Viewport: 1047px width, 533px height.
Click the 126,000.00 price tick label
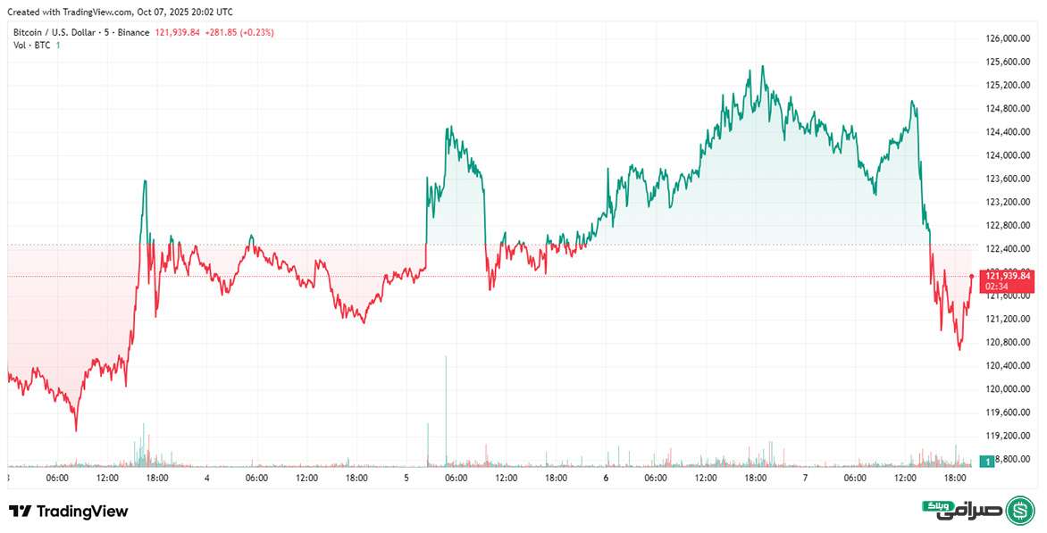click(1009, 39)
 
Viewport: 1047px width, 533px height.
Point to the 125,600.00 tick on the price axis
click(1009, 62)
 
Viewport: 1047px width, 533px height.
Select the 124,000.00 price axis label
click(1009, 155)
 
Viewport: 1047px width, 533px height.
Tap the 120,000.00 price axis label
click(1009, 389)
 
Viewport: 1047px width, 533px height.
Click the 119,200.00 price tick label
click(1009, 436)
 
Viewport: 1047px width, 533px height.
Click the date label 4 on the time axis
click(206, 479)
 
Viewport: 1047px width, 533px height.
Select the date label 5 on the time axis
click(406, 479)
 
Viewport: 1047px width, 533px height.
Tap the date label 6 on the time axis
click(606, 479)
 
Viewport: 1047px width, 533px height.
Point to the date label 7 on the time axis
click(805, 479)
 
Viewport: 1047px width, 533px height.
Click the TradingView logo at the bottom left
click(69, 512)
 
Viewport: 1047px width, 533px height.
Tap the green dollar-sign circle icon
click(1020, 511)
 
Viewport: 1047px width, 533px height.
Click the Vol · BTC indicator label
click(31, 46)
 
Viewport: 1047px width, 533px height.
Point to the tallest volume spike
click(446, 357)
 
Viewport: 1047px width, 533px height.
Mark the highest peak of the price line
click(762, 66)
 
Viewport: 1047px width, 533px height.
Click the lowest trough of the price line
click(76, 430)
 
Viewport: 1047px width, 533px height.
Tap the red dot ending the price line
click(971, 276)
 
